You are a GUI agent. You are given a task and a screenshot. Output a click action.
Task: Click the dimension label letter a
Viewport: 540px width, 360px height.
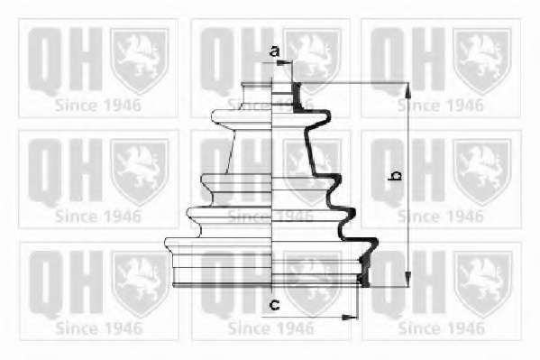(274, 51)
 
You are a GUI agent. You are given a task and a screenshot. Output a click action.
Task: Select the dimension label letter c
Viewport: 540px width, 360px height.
(274, 304)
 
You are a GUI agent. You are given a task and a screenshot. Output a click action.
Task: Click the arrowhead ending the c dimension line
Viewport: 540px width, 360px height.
(349, 317)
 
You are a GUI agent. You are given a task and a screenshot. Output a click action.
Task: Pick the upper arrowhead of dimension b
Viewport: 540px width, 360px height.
(407, 90)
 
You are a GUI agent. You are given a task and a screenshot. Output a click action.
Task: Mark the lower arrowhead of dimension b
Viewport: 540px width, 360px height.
(407, 279)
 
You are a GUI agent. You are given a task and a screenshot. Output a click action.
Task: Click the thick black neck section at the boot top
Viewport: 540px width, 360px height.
(297, 97)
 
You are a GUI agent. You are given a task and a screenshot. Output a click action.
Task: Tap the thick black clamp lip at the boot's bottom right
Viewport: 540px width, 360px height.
(365, 271)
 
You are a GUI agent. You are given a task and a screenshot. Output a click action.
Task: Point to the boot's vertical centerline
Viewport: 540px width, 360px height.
(272, 183)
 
